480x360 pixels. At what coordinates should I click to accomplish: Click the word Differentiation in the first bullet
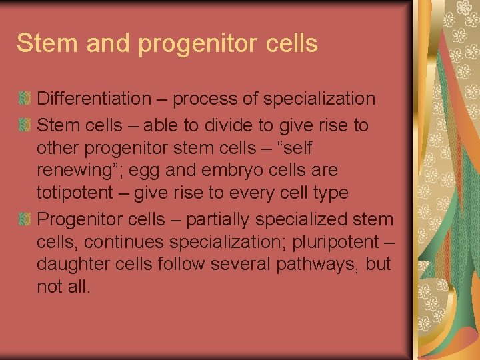pos(94,99)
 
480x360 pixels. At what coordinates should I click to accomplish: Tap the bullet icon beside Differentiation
pos(24,99)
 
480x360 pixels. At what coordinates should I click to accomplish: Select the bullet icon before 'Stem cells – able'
pos(24,125)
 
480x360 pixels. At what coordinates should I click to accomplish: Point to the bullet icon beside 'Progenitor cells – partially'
pos(24,219)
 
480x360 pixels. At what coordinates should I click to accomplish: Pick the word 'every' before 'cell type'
pos(259,193)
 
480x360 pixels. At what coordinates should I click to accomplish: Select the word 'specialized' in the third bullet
pos(312,219)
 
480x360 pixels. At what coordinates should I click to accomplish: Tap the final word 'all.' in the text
pos(77,287)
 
